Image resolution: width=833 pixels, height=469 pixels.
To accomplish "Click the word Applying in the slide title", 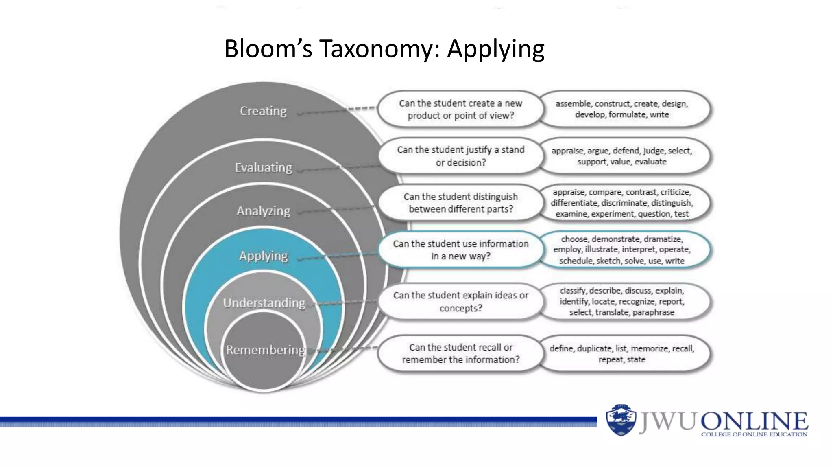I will point(495,49).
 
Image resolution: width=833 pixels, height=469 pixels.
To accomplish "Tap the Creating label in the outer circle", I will point(263,111).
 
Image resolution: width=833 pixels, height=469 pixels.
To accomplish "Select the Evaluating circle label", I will point(263,167).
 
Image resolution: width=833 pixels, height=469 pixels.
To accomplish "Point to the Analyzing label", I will point(263,211).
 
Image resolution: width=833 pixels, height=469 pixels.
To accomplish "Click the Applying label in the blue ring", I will point(263,256).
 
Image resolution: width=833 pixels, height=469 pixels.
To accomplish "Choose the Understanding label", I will point(264,303).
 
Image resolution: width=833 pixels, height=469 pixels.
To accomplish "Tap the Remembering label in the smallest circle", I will point(265,350).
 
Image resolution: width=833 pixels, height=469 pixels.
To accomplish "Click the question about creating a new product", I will point(460,109).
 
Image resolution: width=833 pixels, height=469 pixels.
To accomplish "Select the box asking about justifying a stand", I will point(460,156).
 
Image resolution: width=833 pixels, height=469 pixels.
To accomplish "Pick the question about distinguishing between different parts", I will point(460,203).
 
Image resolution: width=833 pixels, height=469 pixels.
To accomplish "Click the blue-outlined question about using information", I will point(460,250).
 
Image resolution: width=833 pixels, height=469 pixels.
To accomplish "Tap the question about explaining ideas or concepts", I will point(460,301).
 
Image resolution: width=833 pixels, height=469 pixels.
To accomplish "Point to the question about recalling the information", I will point(460,353).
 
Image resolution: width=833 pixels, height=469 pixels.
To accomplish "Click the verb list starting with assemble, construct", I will point(621,109).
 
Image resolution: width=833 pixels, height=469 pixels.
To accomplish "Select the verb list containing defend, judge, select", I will point(621,156).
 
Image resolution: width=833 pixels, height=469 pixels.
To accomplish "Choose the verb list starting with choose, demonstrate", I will point(621,250).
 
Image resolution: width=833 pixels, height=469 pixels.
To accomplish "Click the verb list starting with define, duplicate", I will point(621,353).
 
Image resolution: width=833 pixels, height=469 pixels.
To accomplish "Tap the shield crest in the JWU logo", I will point(621,420).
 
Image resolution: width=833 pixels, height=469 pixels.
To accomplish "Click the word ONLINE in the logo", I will point(754,421).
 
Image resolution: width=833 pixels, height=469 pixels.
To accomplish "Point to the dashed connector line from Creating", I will point(338,111).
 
